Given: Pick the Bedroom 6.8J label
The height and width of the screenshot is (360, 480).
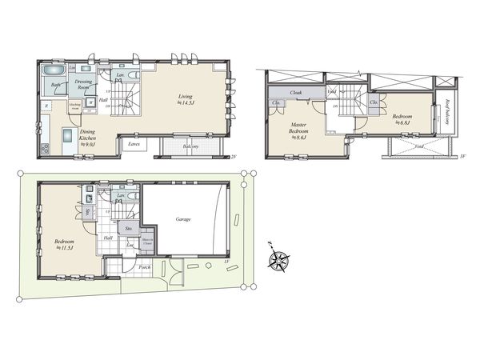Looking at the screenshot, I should [x=401, y=120].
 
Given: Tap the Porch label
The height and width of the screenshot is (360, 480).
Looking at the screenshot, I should [x=145, y=267].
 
